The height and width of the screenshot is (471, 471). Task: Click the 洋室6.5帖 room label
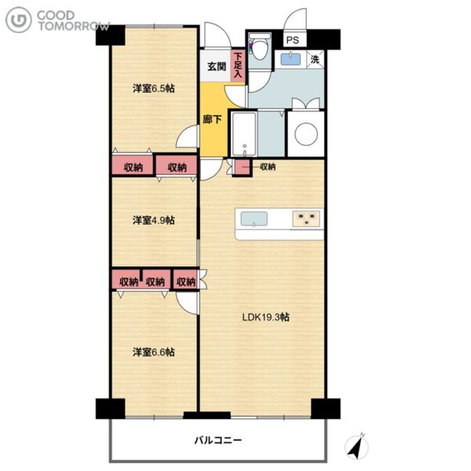(x=154, y=88)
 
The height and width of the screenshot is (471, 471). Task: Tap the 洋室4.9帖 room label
(x=154, y=220)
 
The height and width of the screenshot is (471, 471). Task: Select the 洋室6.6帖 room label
(x=154, y=352)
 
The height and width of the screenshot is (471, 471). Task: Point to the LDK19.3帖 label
(x=266, y=317)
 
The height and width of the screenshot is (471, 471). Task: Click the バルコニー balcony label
(x=218, y=440)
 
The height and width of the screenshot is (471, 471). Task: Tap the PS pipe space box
(x=293, y=40)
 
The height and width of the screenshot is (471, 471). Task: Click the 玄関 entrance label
(x=217, y=67)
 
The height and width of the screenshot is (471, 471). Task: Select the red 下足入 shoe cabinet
(x=238, y=65)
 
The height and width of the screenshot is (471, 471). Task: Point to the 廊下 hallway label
(x=212, y=119)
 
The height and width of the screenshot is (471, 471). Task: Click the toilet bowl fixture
(x=260, y=48)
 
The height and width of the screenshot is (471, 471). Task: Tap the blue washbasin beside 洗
(x=290, y=59)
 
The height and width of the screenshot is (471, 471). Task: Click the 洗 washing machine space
(x=315, y=59)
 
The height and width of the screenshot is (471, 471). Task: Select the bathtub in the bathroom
(x=244, y=134)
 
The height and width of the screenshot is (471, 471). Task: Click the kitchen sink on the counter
(x=254, y=219)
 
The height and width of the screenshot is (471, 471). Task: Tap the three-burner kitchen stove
(x=306, y=218)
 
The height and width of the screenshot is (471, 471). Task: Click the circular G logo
(x=19, y=20)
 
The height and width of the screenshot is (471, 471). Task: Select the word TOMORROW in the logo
(x=74, y=26)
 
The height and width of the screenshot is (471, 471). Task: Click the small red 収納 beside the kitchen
(x=243, y=167)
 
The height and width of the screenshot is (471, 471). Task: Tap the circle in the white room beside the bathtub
(x=306, y=134)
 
